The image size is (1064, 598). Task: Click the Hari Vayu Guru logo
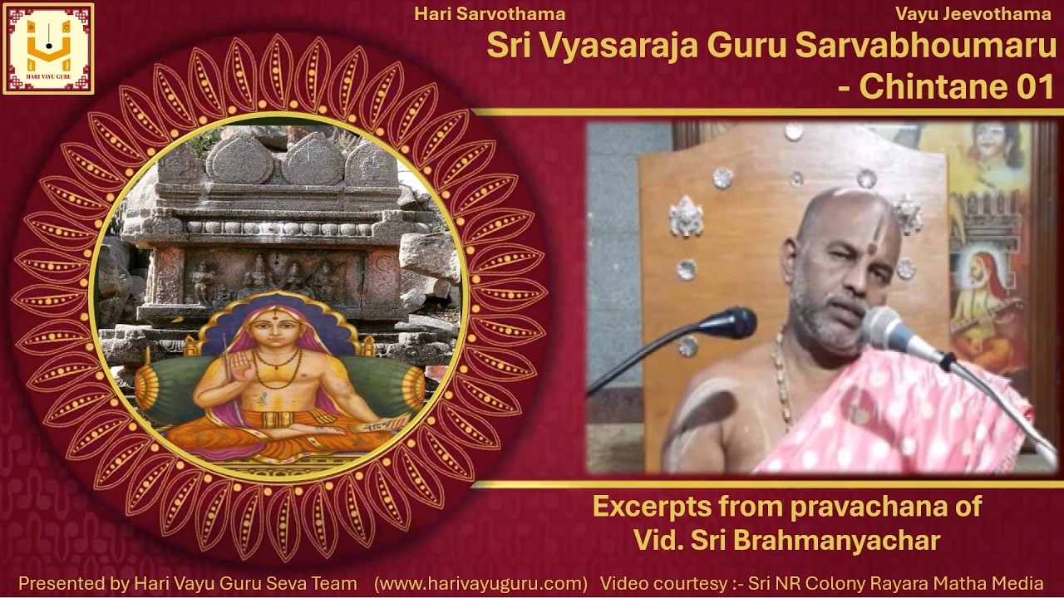point(48,48)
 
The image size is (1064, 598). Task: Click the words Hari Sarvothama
point(490,13)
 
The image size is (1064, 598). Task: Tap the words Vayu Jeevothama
point(973,13)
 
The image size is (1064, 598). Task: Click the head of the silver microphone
point(888,329)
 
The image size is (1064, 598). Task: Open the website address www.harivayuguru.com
point(480,583)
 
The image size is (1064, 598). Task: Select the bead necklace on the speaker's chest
point(781,382)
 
